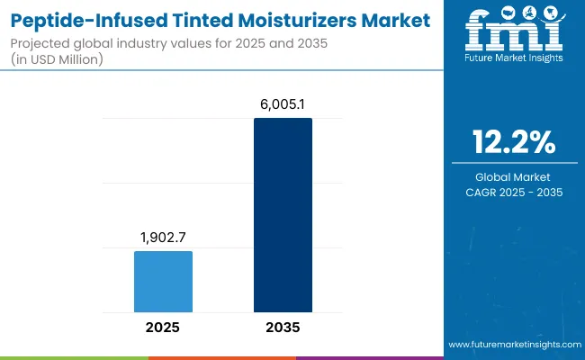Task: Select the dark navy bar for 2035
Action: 283,215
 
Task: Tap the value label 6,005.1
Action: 283,105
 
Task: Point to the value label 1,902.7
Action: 163,238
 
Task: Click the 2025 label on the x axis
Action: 163,328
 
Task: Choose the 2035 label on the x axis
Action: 283,328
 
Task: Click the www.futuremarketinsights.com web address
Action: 513,345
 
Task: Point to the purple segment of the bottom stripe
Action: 369,357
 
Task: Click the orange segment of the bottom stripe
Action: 221,357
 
